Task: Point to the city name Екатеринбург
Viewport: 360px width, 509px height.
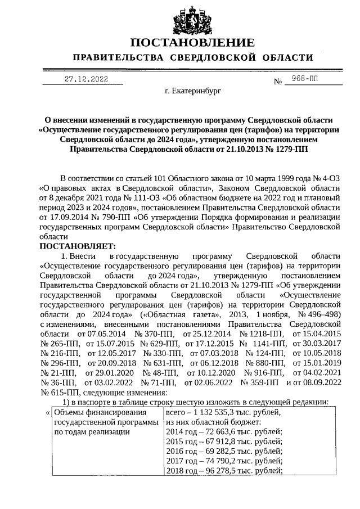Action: pyautogui.click(x=193, y=90)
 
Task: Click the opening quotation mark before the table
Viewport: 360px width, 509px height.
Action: pyautogui.click(x=46, y=412)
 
